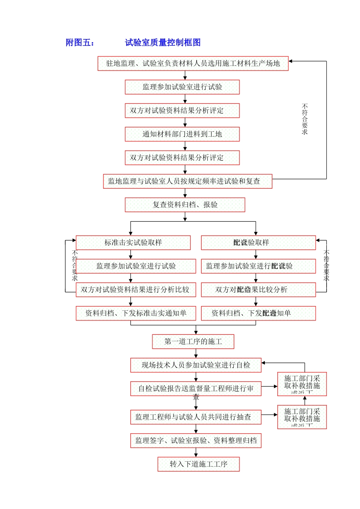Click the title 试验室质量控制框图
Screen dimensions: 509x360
point(163,42)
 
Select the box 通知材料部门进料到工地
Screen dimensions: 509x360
point(182,134)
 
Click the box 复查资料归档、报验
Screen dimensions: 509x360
point(185,205)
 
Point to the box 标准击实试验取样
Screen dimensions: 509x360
point(133,243)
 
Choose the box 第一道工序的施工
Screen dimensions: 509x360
point(193,342)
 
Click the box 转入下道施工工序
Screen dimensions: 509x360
point(199,464)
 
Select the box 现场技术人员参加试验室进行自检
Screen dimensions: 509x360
point(196,365)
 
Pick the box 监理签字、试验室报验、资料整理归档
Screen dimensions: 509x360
point(196,440)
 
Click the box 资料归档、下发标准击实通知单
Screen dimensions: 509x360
point(136,313)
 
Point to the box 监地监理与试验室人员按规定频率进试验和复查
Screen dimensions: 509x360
point(188,181)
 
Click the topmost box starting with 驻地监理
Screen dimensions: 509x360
point(193,63)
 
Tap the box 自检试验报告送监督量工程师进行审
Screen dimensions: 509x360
point(196,389)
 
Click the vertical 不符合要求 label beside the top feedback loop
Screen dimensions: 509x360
point(305,119)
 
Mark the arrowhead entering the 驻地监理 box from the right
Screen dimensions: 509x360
point(291,61)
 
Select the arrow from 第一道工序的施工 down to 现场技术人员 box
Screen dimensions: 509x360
point(196,353)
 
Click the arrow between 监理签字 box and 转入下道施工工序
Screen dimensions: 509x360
point(196,453)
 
